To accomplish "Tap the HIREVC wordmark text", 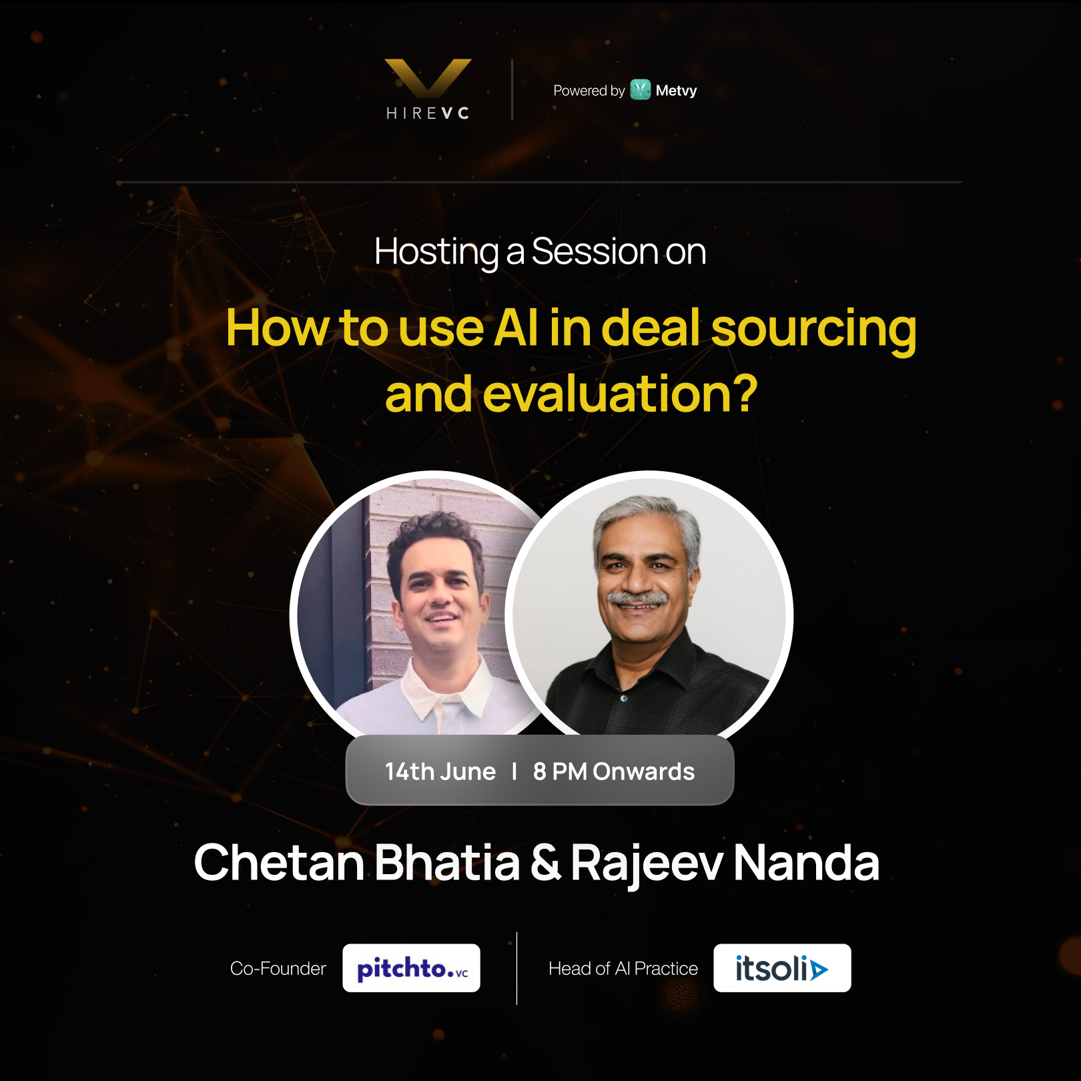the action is pyautogui.click(x=428, y=113).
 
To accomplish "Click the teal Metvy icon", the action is pyautogui.click(x=641, y=89).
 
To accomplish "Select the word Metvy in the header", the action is pyautogui.click(x=676, y=91).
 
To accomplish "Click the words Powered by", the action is pyautogui.click(x=589, y=91).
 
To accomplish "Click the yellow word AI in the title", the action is pyautogui.click(x=516, y=328).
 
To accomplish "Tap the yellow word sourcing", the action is pyautogui.click(x=813, y=330).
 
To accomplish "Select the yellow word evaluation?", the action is pyautogui.click(x=620, y=394).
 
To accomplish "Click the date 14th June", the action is pyautogui.click(x=440, y=771).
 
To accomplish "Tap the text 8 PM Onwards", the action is pyautogui.click(x=614, y=771).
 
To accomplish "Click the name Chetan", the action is pyautogui.click(x=279, y=862).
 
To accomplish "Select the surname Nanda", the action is pyautogui.click(x=806, y=862).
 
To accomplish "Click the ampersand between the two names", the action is pyautogui.click(x=545, y=862).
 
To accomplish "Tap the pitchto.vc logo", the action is pyautogui.click(x=411, y=968).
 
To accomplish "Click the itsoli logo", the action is pyautogui.click(x=782, y=968).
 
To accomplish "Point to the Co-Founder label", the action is pyautogui.click(x=278, y=968).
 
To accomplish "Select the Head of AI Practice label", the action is pyautogui.click(x=623, y=968).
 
